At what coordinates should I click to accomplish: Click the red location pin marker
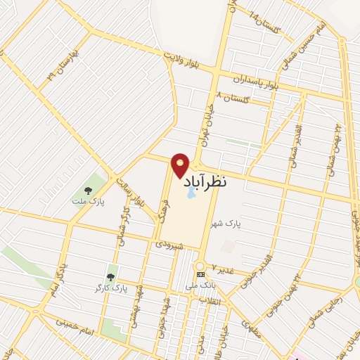click(181, 165)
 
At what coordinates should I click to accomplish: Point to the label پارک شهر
click(229, 224)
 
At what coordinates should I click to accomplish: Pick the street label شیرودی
click(170, 245)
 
